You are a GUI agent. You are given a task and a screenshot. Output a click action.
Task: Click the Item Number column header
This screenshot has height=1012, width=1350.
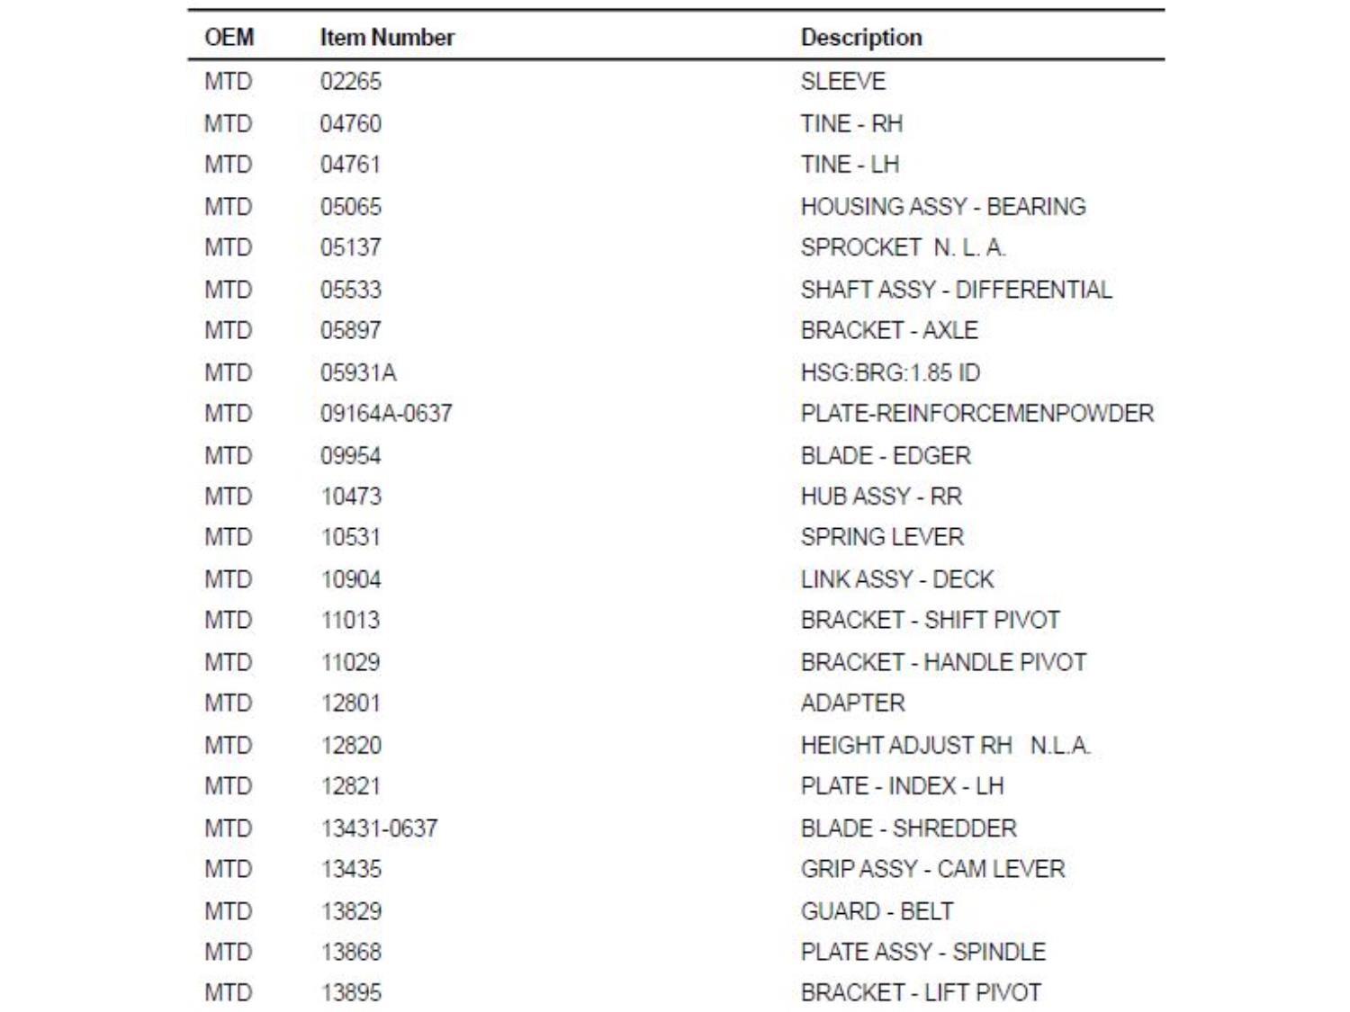pyautogui.click(x=387, y=38)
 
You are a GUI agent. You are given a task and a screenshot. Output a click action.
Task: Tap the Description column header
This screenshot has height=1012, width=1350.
pyautogui.click(x=861, y=38)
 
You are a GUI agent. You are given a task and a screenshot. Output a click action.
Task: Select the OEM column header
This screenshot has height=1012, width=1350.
pyautogui.click(x=229, y=38)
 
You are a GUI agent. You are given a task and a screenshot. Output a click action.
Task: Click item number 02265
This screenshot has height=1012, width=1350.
pyautogui.click(x=351, y=82)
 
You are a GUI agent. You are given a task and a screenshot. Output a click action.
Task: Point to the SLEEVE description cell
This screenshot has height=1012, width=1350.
pyautogui.click(x=843, y=82)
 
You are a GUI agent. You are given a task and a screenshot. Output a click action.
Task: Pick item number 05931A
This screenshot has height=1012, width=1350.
pyautogui.click(x=358, y=372)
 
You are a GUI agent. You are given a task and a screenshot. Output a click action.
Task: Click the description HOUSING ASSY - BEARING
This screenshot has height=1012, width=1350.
pyautogui.click(x=943, y=207)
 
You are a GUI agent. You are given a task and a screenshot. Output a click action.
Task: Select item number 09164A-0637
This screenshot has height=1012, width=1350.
pyautogui.click(x=386, y=414)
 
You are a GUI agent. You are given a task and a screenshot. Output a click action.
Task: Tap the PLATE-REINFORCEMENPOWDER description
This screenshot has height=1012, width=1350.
pyautogui.click(x=977, y=414)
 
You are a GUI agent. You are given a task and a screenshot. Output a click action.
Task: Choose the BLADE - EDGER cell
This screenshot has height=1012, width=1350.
pyautogui.click(x=886, y=456)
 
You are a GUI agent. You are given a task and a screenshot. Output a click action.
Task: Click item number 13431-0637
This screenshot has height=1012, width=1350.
pyautogui.click(x=379, y=828)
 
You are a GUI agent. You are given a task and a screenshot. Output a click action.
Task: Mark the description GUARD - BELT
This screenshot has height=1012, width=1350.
pyautogui.click(x=877, y=911)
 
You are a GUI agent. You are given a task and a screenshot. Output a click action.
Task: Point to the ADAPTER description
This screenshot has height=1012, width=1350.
pyautogui.click(x=852, y=703)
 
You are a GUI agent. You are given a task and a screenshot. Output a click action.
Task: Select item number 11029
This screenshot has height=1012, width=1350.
pyautogui.click(x=351, y=663)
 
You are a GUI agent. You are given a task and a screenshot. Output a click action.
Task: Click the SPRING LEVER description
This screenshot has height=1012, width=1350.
pyautogui.click(x=882, y=537)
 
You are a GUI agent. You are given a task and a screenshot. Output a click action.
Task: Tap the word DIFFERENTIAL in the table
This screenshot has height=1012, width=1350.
pyautogui.click(x=1033, y=290)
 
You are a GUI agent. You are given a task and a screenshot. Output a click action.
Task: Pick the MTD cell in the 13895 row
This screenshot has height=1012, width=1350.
pyautogui.click(x=229, y=993)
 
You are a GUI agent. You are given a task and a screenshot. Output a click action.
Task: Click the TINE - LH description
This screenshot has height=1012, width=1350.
pyautogui.click(x=850, y=165)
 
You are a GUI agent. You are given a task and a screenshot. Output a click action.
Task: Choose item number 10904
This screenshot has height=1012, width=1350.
pyautogui.click(x=351, y=579)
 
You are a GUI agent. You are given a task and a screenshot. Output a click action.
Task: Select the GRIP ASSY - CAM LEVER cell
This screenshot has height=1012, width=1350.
pyautogui.click(x=932, y=869)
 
